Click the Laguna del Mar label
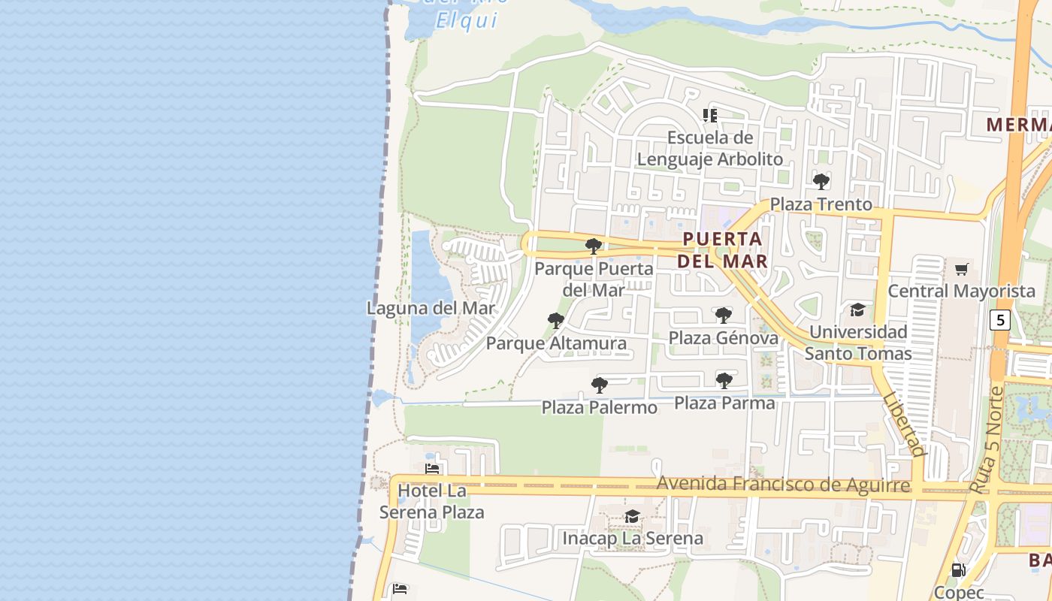pos(431,308)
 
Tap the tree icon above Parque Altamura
pos(556,322)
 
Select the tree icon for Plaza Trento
pos(821,182)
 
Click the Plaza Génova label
pos(724,338)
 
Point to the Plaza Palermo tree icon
pos(599,386)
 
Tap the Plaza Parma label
pos(724,403)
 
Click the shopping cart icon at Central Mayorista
pos(961,269)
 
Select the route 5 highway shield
pos(999,320)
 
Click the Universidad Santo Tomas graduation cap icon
pos(857,310)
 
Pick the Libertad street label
pos(904,424)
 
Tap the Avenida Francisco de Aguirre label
pos(784,485)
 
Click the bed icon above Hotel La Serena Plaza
pos(432,469)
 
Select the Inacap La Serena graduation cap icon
pos(632,517)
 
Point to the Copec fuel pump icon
pos(958,570)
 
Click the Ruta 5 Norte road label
pos(986,441)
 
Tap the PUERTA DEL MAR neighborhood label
pos(722,250)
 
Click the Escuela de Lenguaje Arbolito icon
pos(709,116)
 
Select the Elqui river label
pos(466,20)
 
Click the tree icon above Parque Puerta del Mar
pos(594,246)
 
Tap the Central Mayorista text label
pos(961,291)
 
